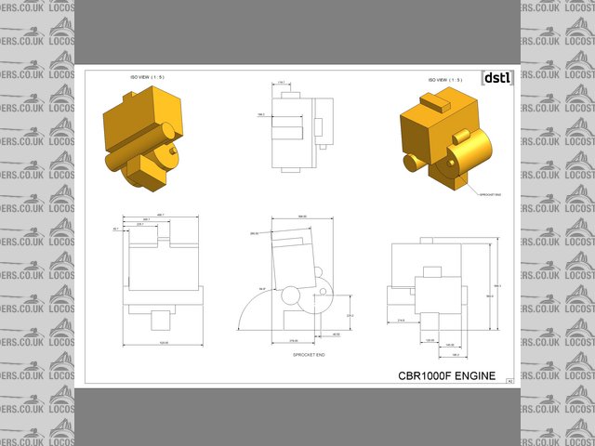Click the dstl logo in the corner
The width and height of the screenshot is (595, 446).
point(496,78)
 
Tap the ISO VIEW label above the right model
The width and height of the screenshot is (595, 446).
point(444,80)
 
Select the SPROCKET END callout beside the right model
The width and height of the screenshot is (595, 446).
point(491,194)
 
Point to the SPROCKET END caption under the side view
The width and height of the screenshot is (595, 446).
point(308,355)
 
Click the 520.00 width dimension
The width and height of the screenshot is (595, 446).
point(163,346)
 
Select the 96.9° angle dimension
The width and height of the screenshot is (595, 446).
point(262,289)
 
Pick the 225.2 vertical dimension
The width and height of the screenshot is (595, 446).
point(350,316)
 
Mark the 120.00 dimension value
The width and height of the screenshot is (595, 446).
point(430,341)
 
